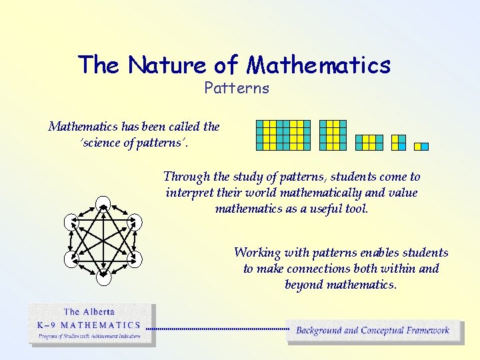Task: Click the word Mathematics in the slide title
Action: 319,65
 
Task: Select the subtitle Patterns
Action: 237,88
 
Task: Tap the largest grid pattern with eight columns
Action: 283,135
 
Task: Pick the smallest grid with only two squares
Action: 421,146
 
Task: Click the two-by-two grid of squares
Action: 398,142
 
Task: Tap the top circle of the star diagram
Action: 103,203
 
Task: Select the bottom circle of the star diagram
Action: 103,278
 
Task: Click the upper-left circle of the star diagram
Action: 71,221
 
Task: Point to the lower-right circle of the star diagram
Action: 135,259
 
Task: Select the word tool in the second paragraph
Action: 356,209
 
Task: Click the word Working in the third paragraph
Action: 257,253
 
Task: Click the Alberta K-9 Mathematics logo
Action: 92,325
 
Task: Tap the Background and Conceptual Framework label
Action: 373,330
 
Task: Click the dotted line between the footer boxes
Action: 217,329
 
